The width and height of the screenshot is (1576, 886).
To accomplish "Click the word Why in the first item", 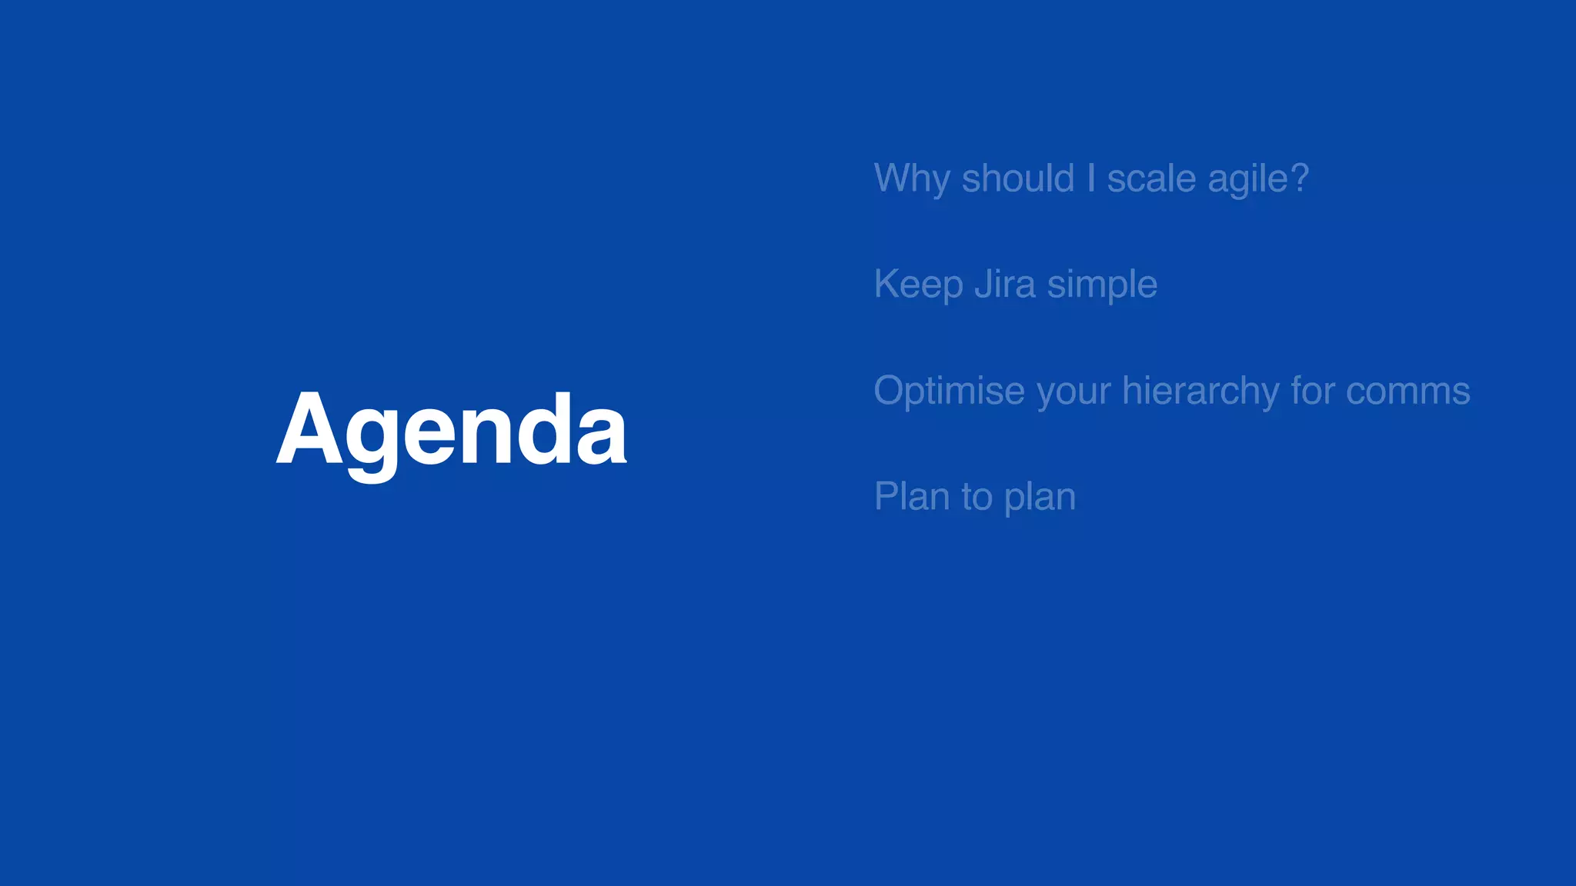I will point(912,180).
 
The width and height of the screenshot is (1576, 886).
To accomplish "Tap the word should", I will point(1017,178).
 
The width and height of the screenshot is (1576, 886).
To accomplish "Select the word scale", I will point(1151,178).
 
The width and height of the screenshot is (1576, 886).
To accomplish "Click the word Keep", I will point(918,285).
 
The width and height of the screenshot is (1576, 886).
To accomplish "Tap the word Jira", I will point(1005,284).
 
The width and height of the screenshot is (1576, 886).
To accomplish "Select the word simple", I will point(1102,285).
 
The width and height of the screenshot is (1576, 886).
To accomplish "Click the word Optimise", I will point(950,391).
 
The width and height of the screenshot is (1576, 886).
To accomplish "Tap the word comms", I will point(1407,391).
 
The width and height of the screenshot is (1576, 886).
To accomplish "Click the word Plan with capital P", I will point(912,497).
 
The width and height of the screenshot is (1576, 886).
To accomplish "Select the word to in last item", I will point(977,497).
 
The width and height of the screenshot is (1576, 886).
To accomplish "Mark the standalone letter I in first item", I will point(1090,178).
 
